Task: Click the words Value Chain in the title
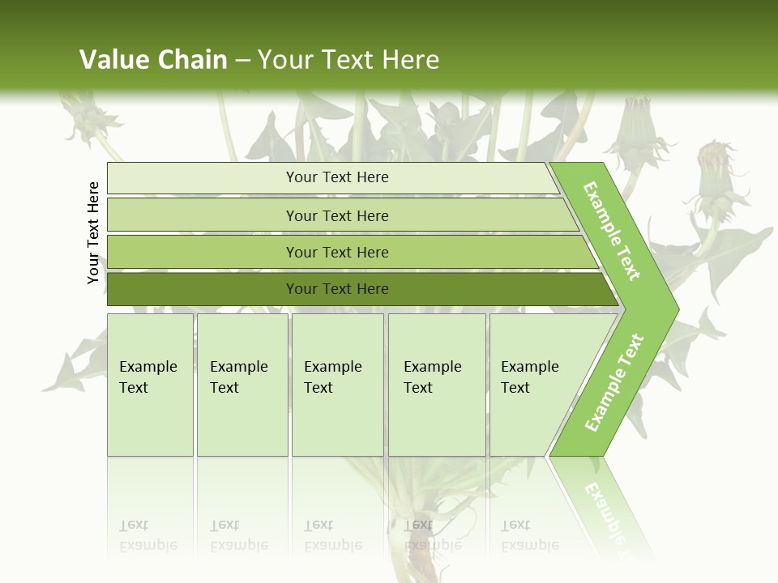(153, 60)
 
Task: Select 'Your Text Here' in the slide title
(348, 60)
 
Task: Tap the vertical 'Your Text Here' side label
(93, 232)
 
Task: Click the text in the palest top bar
(337, 177)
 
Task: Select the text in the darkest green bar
(337, 289)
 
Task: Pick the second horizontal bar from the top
(337, 215)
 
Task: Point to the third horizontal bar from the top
(337, 253)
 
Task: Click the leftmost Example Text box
(150, 384)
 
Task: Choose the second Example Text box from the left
(242, 384)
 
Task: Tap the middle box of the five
(337, 384)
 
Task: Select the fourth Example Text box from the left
(436, 384)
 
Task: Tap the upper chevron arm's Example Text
(613, 231)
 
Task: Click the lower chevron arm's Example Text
(613, 382)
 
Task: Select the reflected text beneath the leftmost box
(147, 536)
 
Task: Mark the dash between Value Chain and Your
(242, 61)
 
